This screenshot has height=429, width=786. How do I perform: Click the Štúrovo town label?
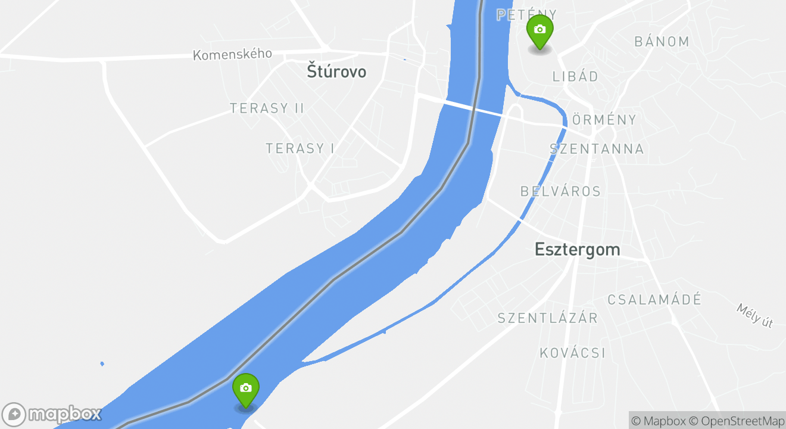336,71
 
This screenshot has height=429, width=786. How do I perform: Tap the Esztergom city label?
577,249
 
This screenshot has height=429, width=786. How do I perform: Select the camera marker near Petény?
539,31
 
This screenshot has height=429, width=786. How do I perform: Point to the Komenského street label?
232,54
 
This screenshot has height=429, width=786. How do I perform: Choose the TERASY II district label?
267,108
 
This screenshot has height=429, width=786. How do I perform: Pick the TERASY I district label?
300,148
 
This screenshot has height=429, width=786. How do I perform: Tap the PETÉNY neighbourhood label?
527,15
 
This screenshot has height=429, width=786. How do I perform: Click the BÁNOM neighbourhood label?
662,42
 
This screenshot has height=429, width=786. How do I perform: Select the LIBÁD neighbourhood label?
575,76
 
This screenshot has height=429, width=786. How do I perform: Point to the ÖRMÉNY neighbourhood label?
604,120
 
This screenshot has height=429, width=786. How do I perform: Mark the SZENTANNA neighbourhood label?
597,149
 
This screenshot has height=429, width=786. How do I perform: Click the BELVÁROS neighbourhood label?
560,191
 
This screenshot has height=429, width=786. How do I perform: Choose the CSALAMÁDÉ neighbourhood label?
654,300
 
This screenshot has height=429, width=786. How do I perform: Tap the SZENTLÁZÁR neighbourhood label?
547,318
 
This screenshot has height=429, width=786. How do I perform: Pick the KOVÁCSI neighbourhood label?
572,353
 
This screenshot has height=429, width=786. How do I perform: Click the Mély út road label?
754,316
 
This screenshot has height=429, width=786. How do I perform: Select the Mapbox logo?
52,414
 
